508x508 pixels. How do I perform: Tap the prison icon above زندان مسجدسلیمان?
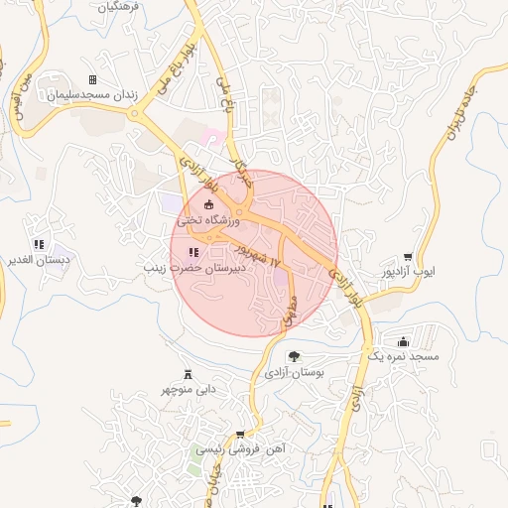[93, 80]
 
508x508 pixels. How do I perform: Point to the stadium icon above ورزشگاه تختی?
[208, 205]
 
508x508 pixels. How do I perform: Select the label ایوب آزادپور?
[409, 272]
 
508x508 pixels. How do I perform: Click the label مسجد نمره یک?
[402, 355]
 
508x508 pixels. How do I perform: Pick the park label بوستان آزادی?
[296, 372]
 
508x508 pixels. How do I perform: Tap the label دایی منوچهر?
[189, 389]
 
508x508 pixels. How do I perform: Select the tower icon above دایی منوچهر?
[188, 373]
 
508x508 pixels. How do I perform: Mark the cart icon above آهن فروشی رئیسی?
[239, 434]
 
